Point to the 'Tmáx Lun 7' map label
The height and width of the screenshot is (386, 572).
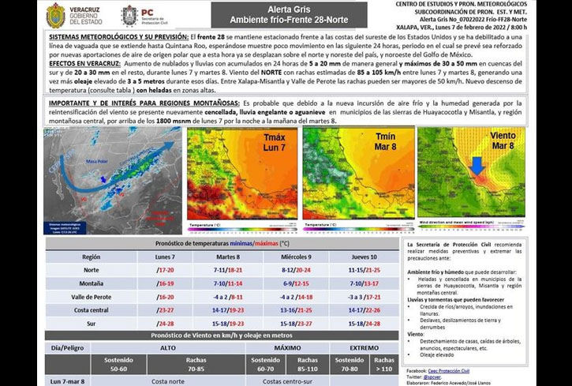275,143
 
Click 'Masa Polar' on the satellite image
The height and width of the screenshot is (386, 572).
97,161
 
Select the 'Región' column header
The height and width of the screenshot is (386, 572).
91,257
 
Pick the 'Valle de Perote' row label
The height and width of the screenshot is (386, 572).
91,297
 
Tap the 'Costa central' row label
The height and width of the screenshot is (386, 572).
91,310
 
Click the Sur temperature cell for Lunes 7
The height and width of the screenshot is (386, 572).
166,324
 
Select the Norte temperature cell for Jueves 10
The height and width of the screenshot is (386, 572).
363,270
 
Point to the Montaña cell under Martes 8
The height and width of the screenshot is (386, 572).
228,283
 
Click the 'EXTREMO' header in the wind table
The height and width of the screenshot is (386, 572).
365,347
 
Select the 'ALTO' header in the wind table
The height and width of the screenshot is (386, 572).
167,347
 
